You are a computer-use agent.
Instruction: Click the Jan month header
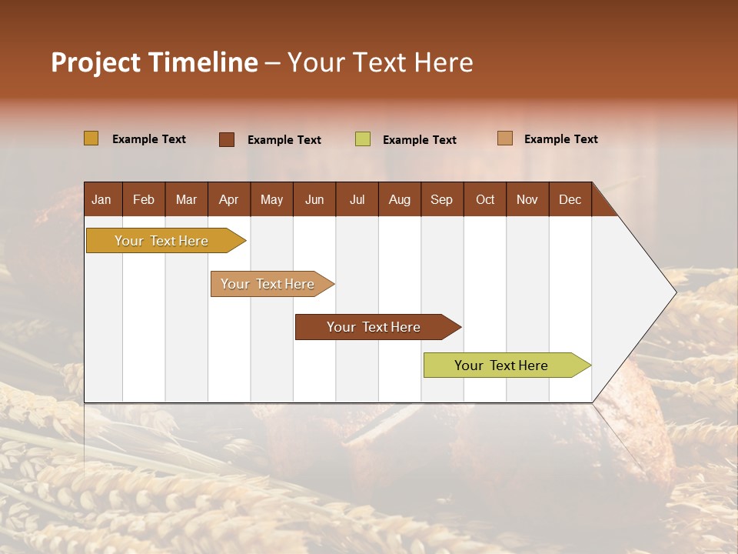101,199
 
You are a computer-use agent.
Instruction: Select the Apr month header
228,199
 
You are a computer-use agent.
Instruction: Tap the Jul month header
357,199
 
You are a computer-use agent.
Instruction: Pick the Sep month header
441,199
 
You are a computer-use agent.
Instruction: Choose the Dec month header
570,199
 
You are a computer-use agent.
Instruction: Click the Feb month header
144,199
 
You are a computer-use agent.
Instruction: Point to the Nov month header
527,199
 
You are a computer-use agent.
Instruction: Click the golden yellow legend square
91,138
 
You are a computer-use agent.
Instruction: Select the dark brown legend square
226,139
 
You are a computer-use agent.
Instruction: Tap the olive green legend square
363,139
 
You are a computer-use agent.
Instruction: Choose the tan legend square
505,138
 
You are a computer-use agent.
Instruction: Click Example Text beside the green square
419,140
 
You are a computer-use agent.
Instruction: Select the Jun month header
314,199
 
